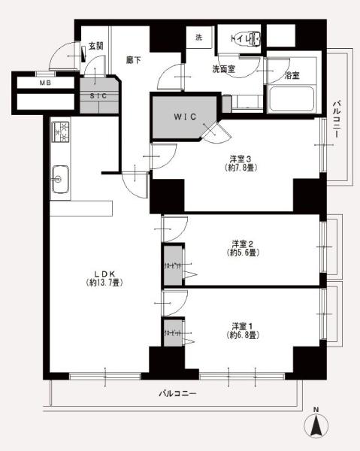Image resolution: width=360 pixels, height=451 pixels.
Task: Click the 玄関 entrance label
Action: [x=95, y=47]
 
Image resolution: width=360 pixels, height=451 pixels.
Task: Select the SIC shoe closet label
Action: [x=98, y=95]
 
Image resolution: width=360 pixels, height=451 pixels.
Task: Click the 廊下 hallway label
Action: [x=134, y=59]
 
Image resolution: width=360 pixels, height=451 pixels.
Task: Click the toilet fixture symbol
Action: [x=247, y=37]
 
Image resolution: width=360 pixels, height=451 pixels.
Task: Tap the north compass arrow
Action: [x=317, y=427]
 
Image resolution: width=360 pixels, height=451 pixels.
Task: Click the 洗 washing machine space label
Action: [x=199, y=38]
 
